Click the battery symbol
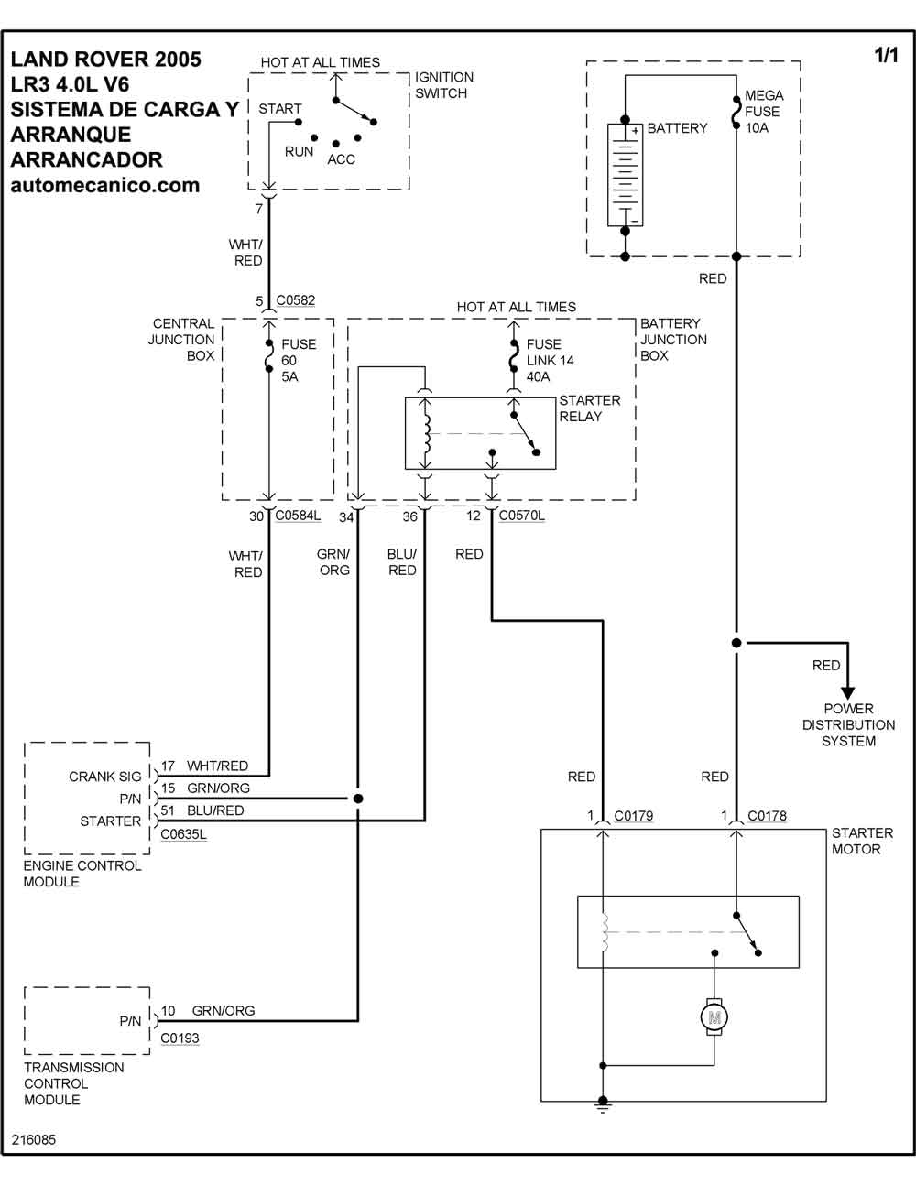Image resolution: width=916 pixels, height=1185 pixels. tap(626, 174)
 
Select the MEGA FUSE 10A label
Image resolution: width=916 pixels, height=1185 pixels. tap(763, 112)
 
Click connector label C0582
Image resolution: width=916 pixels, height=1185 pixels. tap(295, 300)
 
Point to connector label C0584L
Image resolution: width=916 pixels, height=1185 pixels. tap(298, 516)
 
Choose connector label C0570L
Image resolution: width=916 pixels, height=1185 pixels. tap(521, 516)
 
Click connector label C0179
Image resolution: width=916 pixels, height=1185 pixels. tap(633, 816)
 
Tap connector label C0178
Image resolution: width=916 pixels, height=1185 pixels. tap(767, 816)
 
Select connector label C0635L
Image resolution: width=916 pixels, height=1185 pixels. tap(183, 834)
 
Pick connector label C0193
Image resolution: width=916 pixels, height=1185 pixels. tap(180, 1038)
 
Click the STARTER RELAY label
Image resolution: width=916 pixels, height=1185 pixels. tap(589, 408)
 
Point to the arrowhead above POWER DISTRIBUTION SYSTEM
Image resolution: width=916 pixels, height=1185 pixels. tap(848, 691)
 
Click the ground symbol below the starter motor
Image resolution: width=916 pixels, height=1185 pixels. tap(603, 1105)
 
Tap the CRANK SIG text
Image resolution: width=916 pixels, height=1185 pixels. tap(105, 777)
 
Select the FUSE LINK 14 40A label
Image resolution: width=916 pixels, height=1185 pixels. tap(550, 360)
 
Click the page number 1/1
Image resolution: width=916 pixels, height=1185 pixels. tap(886, 57)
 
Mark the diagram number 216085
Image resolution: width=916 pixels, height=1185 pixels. tap(34, 1141)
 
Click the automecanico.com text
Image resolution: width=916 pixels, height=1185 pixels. tap(104, 185)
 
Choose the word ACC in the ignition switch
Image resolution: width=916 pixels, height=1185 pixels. tap(341, 159)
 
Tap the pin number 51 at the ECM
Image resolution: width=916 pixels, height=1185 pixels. tap(169, 810)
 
